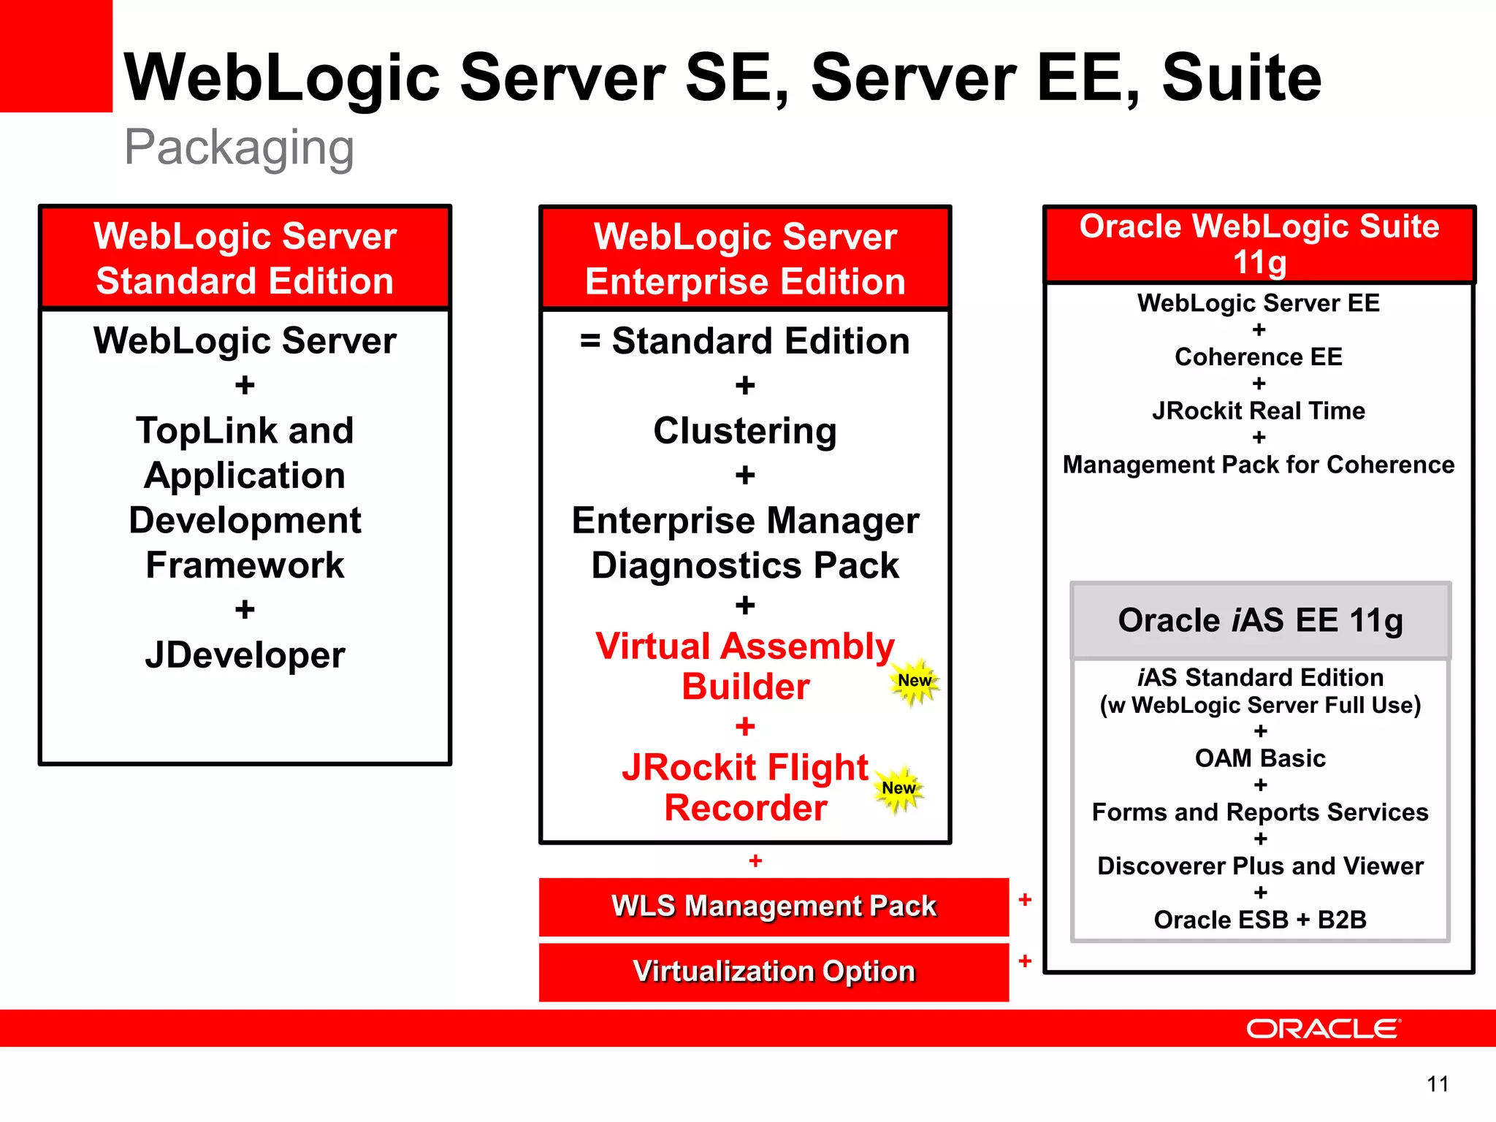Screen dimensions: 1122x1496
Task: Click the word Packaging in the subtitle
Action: [239, 148]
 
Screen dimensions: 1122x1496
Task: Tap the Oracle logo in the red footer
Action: [1323, 1028]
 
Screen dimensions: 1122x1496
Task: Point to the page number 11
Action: [1438, 1083]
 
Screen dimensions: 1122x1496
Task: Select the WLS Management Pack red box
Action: [774, 907]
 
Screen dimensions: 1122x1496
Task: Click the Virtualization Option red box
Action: [774, 972]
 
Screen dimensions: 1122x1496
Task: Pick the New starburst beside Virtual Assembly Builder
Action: [915, 681]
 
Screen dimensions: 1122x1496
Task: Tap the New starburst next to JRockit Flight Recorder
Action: [898, 788]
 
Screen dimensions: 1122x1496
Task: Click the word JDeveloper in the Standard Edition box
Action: [245, 655]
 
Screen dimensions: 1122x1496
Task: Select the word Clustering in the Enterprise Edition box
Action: [745, 431]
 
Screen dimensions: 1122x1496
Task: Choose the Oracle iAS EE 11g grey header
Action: [1260, 621]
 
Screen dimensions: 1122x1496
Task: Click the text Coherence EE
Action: [1259, 357]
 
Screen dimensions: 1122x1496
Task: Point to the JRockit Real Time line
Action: [1259, 411]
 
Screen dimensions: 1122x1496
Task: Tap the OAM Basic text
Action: [1260, 758]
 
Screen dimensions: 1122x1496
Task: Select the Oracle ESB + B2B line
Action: [1260, 920]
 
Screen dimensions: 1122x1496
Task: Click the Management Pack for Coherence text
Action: [1259, 465]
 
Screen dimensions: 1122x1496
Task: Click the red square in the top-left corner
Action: [56, 56]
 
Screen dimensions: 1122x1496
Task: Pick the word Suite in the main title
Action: [1242, 77]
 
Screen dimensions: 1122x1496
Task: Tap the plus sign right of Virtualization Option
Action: [1025, 961]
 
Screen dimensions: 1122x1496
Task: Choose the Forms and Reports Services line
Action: [1260, 812]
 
